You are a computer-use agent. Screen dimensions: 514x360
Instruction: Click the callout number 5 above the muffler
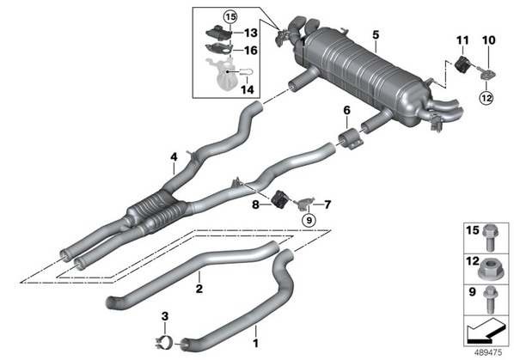point(376,34)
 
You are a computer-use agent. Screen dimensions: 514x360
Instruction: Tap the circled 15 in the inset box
point(230,16)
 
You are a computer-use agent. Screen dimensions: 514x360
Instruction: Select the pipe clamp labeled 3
point(164,343)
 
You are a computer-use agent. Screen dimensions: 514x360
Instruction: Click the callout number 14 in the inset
point(248,89)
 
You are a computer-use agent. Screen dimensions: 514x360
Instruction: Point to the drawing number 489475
point(488,353)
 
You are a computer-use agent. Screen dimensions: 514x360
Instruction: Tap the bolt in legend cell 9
point(490,300)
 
